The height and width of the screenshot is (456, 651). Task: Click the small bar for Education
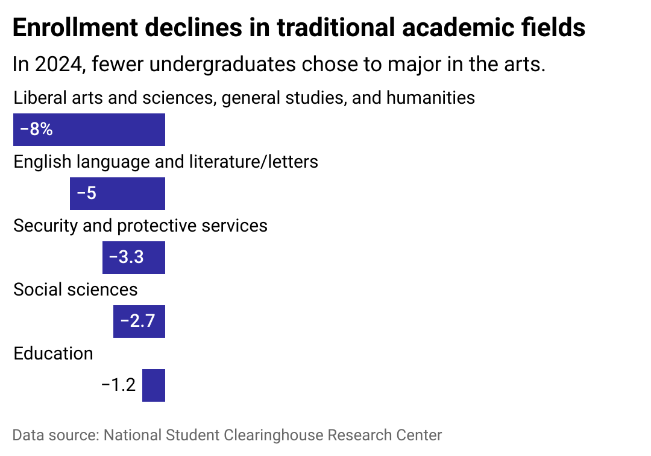click(154, 385)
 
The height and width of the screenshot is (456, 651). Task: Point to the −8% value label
click(36, 130)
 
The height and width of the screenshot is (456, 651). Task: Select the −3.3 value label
click(126, 258)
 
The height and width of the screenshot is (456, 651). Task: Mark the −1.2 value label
click(119, 385)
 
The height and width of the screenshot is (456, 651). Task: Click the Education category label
click(53, 353)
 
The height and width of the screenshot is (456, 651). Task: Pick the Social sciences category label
click(75, 290)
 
